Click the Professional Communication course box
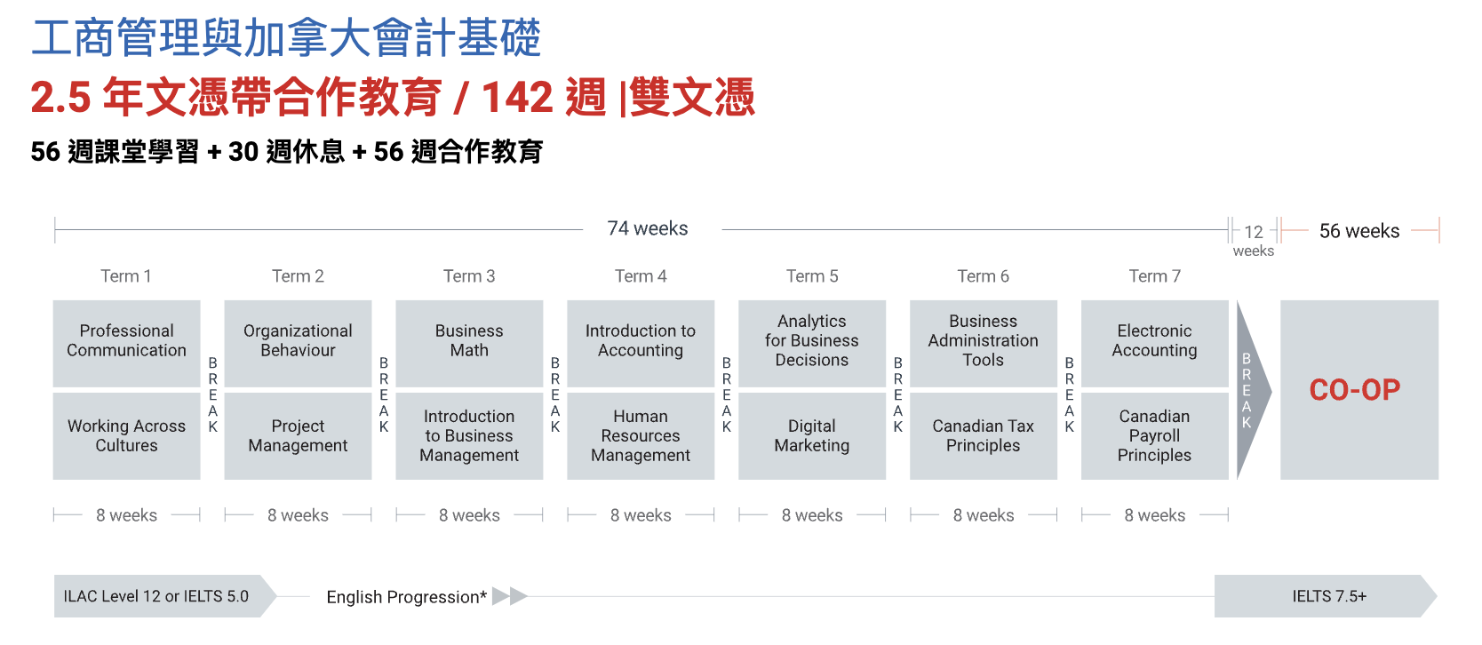[126, 343]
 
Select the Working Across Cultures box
[126, 436]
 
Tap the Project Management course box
[298, 436]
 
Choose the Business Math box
[469, 343]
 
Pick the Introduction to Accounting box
[641, 343]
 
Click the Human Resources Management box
[641, 436]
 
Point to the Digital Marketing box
[812, 436]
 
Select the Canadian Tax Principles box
[984, 436]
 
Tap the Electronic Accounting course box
[1154, 343]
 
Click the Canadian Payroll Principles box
[1154, 436]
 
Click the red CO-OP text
[1355, 390]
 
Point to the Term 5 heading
[812, 276]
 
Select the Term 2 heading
[298, 276]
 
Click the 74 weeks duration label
[648, 228]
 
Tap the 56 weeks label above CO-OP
[1359, 231]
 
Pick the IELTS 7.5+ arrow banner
[1326, 596]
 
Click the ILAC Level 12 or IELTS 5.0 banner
[165, 596]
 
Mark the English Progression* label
[407, 597]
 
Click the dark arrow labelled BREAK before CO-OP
[1253, 390]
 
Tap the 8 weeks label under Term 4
[641, 514]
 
